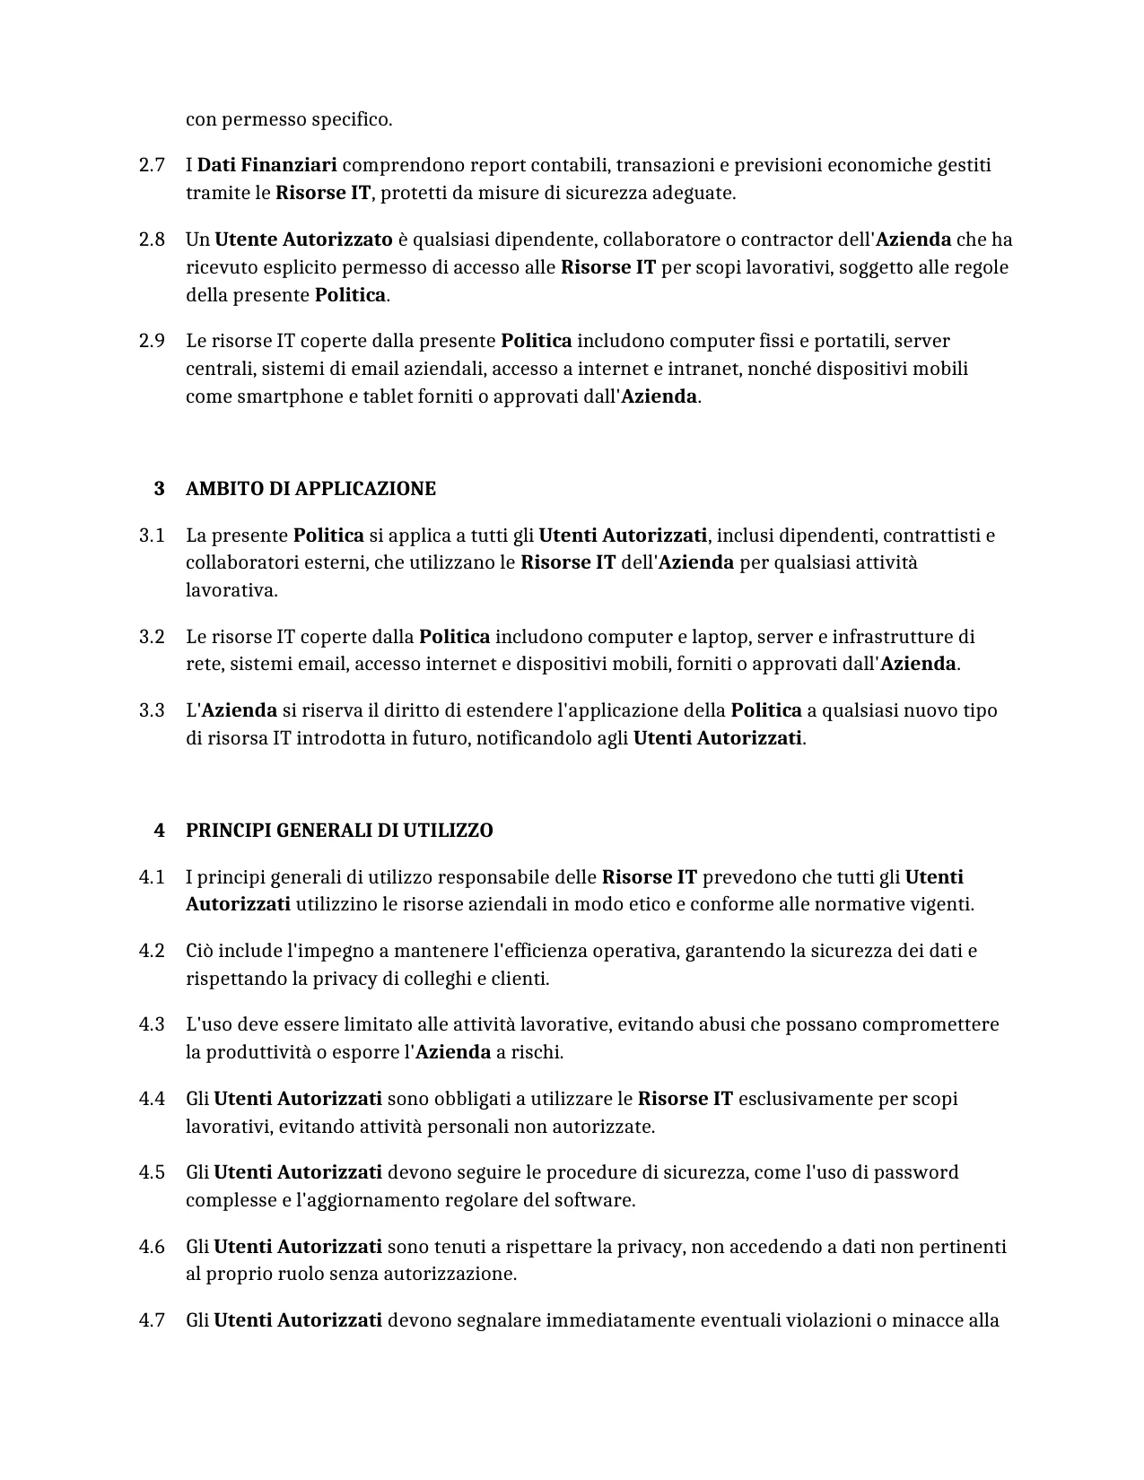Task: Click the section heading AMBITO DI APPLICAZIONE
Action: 310,489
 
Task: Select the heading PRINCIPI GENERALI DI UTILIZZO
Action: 339,831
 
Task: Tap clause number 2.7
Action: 152,165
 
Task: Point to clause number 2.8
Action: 152,239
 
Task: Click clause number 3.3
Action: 152,710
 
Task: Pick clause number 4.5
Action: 152,1172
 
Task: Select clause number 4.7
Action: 152,1320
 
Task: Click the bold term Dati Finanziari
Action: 266,165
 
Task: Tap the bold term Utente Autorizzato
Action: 303,239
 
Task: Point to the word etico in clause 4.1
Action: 646,904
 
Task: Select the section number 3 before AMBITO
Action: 160,489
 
